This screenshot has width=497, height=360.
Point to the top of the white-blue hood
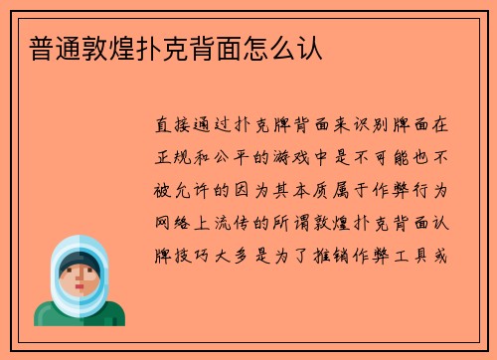click(80, 242)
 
